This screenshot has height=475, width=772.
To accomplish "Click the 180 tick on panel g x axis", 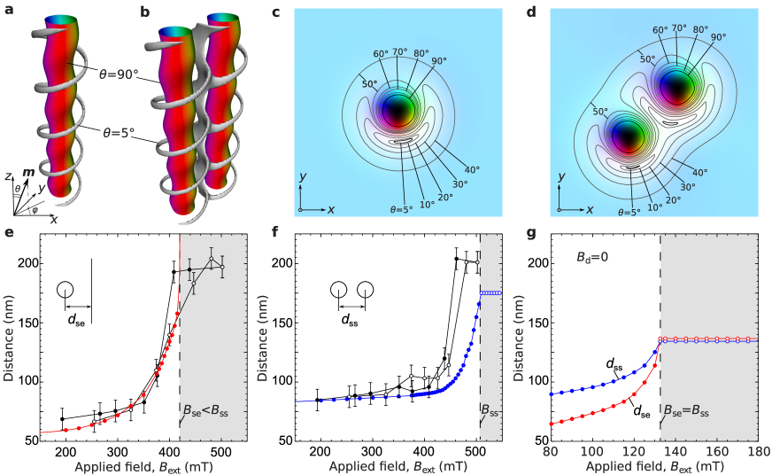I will [757, 449].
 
